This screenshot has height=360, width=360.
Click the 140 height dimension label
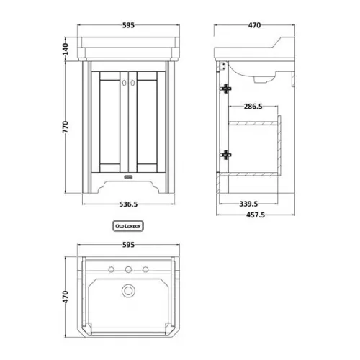coord(66,49)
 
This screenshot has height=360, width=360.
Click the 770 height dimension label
coord(66,127)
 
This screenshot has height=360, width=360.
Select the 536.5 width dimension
coord(128,204)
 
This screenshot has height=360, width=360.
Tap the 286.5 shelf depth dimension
coord(253,107)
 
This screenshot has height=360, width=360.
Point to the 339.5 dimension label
coord(248,204)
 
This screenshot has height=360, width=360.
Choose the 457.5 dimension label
coord(256,215)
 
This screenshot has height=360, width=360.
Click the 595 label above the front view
coord(128,25)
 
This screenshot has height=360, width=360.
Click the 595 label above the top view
coord(128,245)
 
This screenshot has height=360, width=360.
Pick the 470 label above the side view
coord(254,25)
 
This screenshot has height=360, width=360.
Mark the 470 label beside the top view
coord(66,297)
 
